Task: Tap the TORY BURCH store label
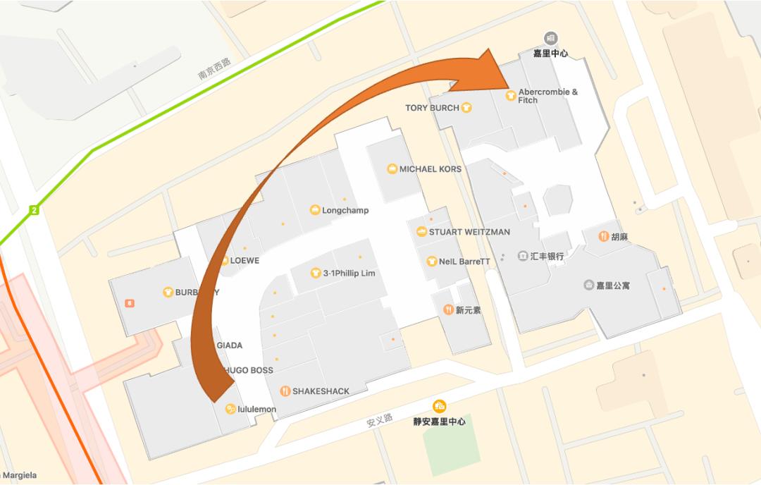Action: (x=432, y=108)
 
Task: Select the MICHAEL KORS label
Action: (x=430, y=169)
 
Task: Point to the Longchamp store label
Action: (x=345, y=210)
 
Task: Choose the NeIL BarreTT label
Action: (x=464, y=262)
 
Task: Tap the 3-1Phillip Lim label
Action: (x=349, y=273)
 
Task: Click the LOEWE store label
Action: (x=245, y=261)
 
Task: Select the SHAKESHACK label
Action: (x=321, y=391)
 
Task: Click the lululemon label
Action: (x=256, y=409)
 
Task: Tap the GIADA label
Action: (x=230, y=345)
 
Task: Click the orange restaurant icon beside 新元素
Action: (x=448, y=309)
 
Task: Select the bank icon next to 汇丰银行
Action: (x=522, y=256)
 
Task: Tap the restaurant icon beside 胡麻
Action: (x=603, y=236)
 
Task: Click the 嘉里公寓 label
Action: (x=612, y=286)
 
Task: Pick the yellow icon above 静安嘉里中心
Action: (x=440, y=405)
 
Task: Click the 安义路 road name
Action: (x=379, y=422)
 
